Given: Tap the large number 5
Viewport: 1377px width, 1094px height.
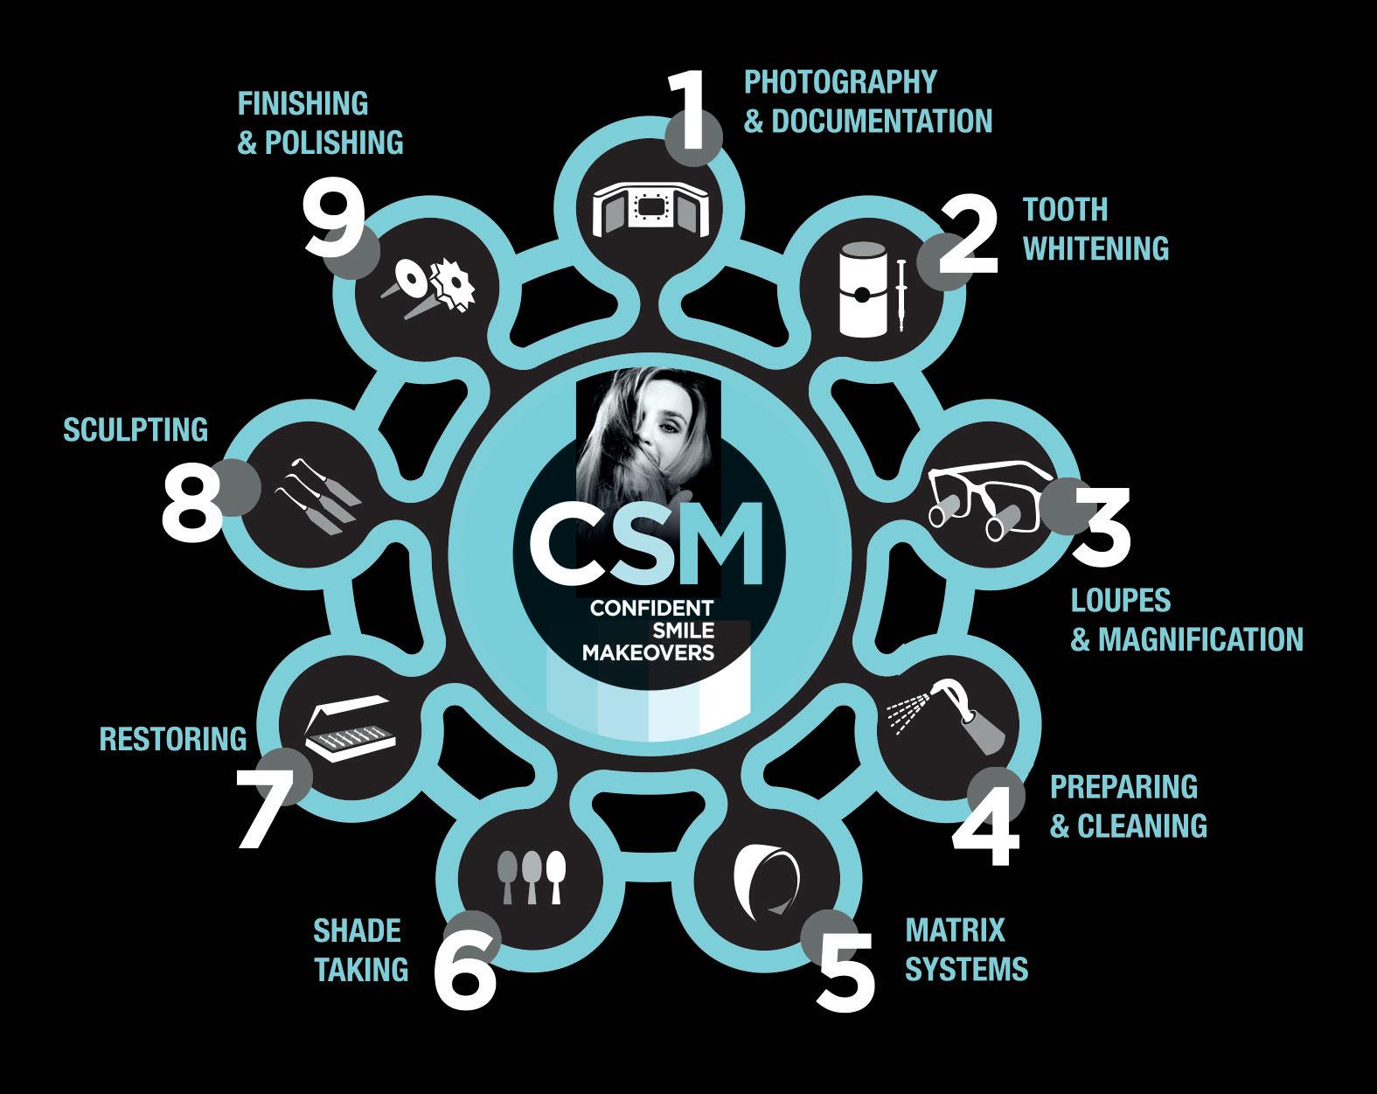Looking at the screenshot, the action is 845,968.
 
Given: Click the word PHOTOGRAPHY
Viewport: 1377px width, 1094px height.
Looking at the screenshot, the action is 839,82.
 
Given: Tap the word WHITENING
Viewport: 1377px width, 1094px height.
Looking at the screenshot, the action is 1095,248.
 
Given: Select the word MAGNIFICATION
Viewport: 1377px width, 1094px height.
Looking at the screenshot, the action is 1200,639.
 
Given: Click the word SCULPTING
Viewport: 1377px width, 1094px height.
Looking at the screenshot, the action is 136,429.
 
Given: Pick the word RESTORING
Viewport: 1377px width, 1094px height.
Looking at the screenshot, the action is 173,739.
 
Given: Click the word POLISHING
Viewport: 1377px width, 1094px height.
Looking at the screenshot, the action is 333,142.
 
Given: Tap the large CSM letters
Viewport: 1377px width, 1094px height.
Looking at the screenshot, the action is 643,545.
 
